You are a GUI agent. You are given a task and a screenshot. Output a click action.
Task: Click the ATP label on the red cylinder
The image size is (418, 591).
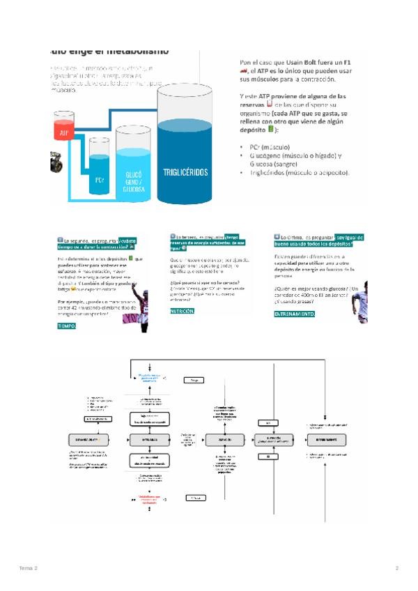click(x=63, y=132)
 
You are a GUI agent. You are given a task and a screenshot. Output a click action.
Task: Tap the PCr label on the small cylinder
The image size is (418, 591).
click(x=100, y=180)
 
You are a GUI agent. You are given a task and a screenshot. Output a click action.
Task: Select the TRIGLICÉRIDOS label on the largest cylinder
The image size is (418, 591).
click(x=186, y=172)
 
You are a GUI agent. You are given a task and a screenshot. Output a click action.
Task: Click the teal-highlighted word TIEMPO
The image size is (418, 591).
click(x=67, y=325)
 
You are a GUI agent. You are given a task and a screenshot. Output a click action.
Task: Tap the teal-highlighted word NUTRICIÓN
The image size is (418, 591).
click(x=183, y=311)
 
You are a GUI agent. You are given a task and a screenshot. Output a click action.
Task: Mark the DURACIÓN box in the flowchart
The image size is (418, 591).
click(x=224, y=440)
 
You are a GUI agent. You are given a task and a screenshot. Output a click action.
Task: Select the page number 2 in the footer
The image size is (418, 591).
click(x=396, y=569)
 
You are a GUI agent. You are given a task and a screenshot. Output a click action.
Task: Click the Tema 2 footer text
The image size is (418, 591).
click(x=29, y=569)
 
